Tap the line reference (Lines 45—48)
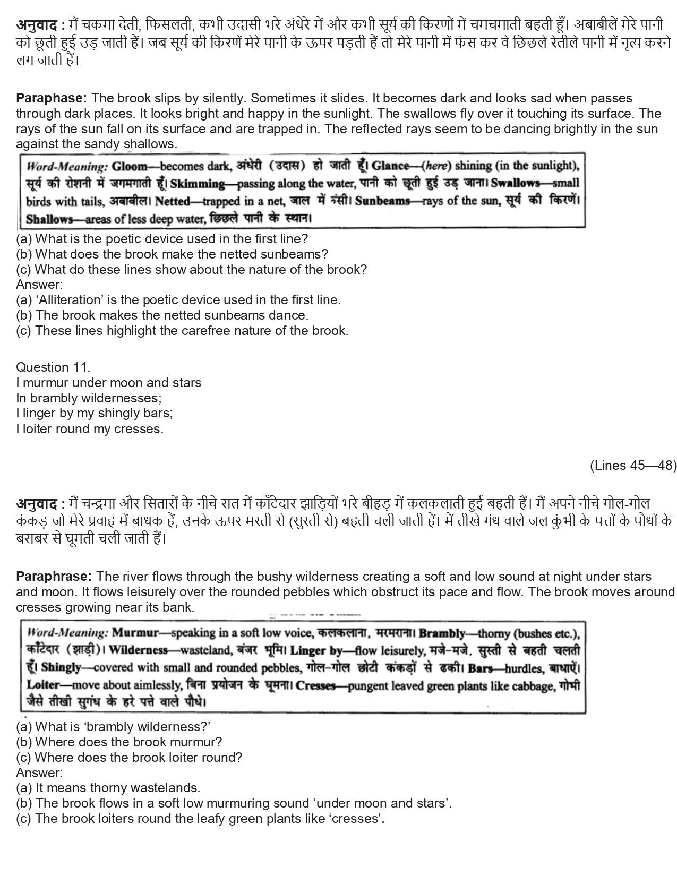click(633, 466)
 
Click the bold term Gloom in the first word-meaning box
click(130, 167)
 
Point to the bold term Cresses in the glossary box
click(315, 685)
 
